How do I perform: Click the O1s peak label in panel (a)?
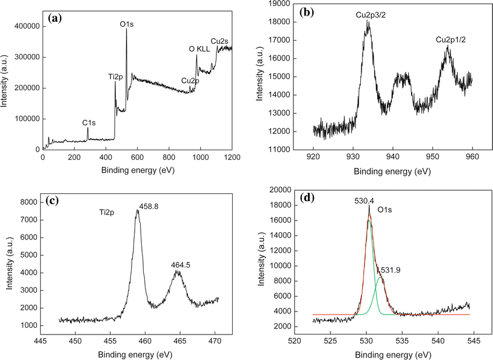tap(127, 24)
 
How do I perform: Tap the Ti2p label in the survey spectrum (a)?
tap(115, 76)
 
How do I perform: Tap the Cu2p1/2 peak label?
tap(451, 40)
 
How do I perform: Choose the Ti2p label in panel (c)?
tap(109, 213)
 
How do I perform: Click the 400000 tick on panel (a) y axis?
tap(24, 27)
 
